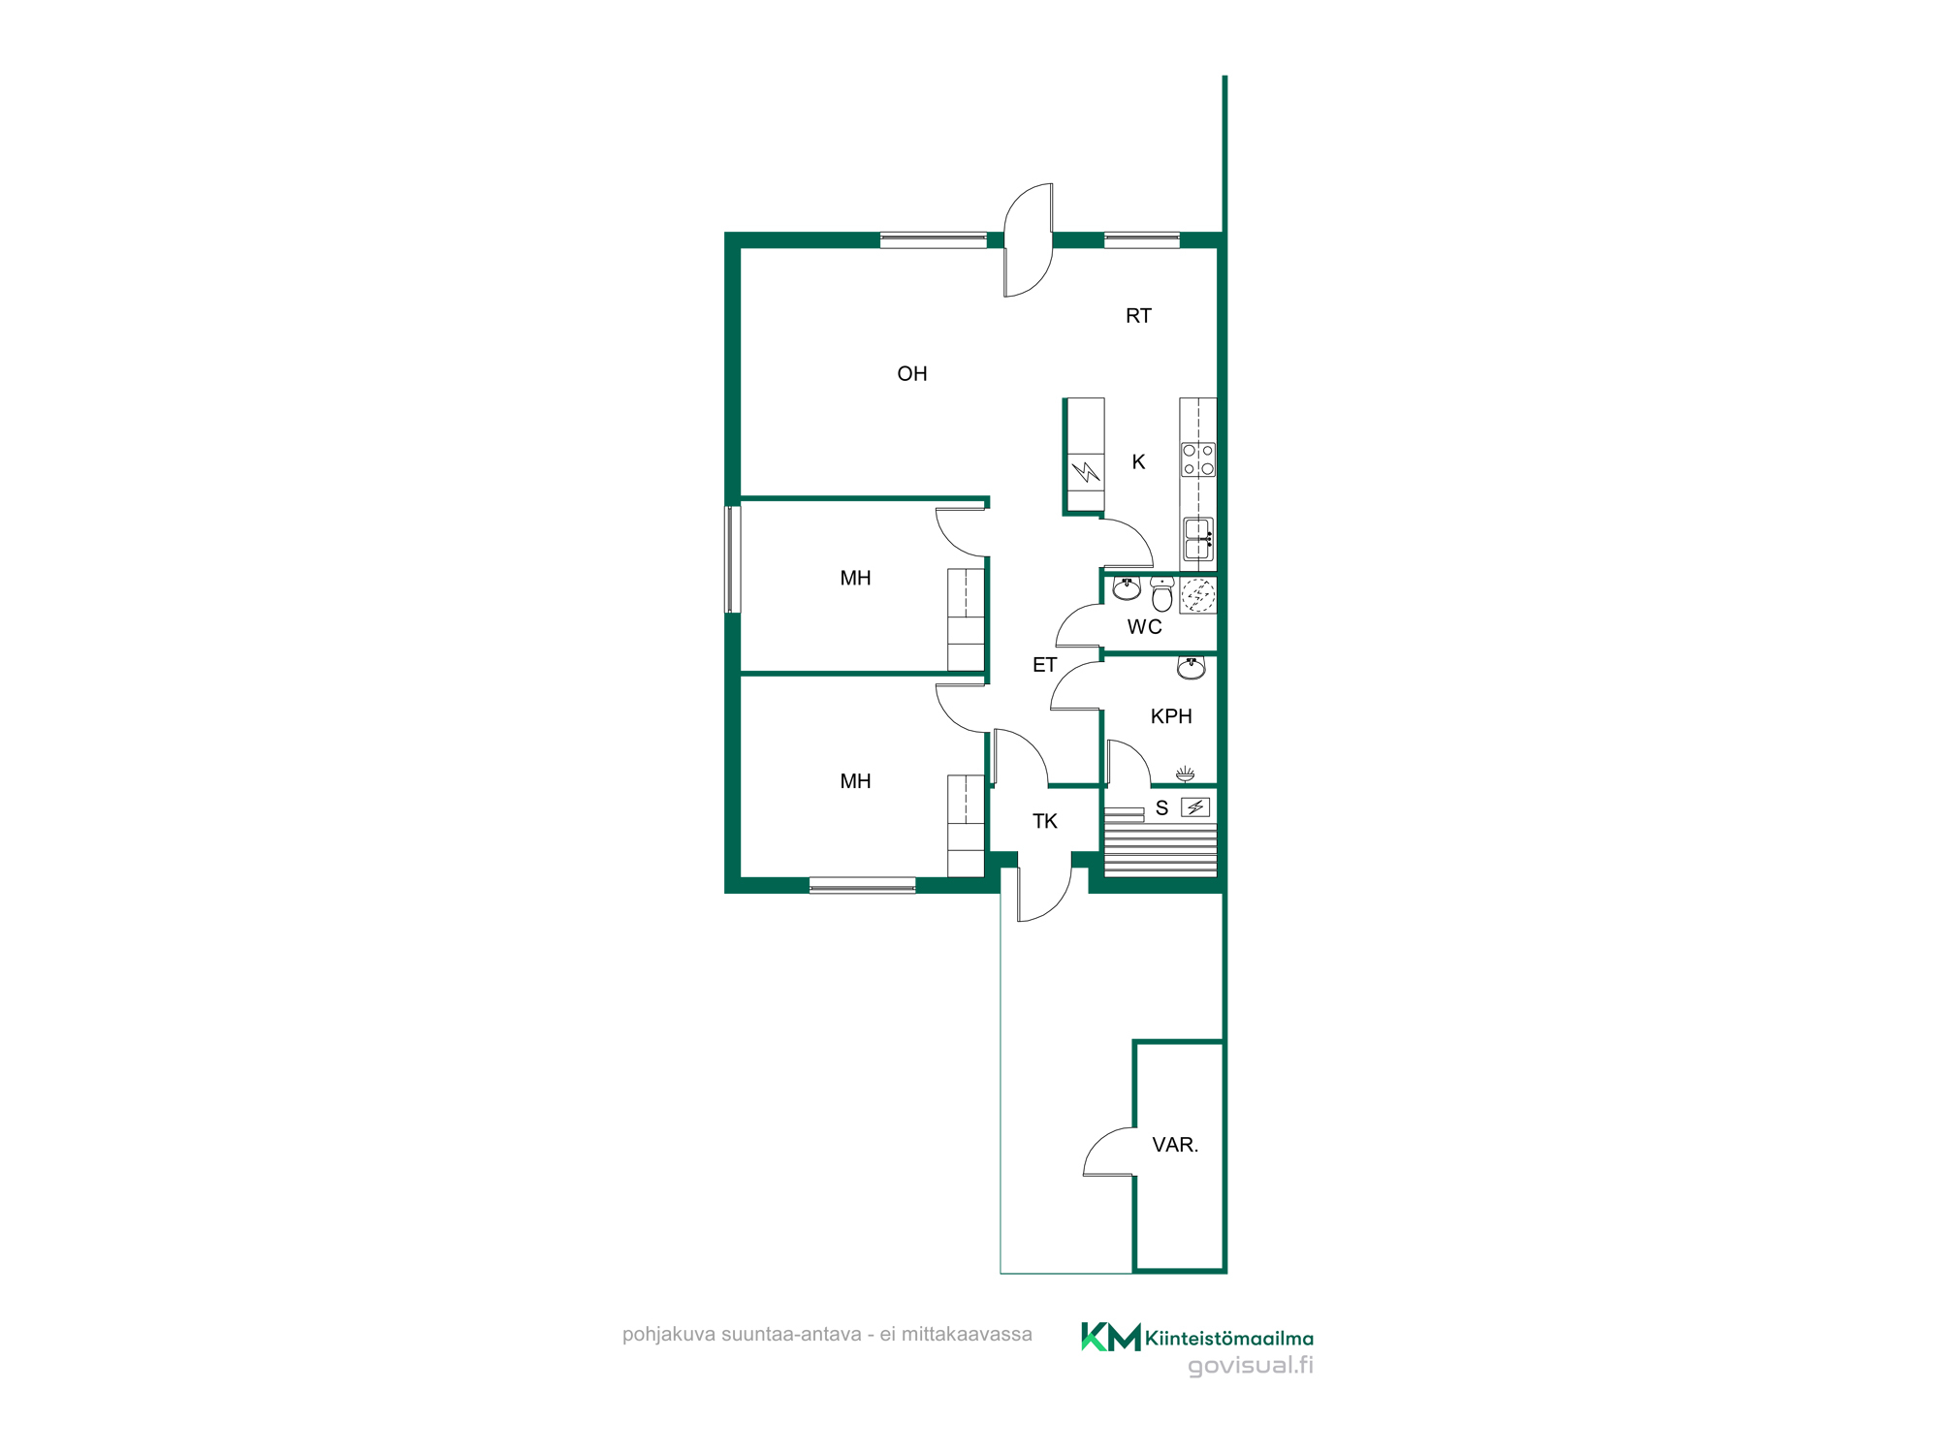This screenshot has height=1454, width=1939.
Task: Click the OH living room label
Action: (x=912, y=374)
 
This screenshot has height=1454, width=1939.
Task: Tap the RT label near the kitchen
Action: (x=1138, y=316)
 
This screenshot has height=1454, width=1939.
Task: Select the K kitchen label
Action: (x=1138, y=462)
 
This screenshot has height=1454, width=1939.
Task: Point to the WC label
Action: (x=1144, y=627)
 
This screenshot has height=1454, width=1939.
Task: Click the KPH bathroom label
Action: (x=1171, y=716)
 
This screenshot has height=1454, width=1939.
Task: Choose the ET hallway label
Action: (x=1044, y=665)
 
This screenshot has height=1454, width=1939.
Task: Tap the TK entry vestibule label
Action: (x=1044, y=821)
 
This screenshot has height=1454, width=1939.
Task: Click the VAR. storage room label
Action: (x=1175, y=1145)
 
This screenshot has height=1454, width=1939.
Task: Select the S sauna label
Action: (x=1161, y=808)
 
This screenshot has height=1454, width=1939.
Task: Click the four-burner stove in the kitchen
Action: (x=1198, y=459)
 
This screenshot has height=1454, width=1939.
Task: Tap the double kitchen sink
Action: (x=1198, y=539)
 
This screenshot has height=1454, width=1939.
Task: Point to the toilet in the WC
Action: (x=1161, y=593)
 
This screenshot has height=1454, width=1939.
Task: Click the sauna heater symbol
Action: (x=1195, y=806)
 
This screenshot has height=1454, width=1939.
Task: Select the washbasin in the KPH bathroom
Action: (x=1191, y=667)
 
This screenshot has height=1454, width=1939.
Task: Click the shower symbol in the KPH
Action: (x=1185, y=774)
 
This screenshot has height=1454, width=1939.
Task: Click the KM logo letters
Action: (x=1111, y=1337)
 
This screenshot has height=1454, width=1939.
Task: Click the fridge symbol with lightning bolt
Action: (x=1086, y=472)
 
